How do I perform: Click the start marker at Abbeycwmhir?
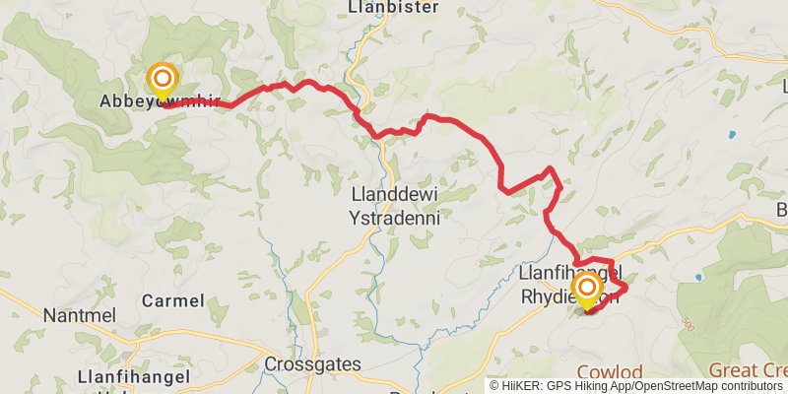[x=162, y=79]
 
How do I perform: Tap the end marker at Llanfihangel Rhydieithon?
[x=588, y=289]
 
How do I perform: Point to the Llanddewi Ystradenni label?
[x=395, y=205]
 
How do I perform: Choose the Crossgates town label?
[x=313, y=364]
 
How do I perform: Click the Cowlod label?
[x=609, y=372]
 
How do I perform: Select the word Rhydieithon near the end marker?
[x=569, y=296]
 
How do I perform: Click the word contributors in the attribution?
[x=755, y=387]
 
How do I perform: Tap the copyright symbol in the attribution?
[x=495, y=387]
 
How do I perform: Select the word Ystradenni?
[x=395, y=216]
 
